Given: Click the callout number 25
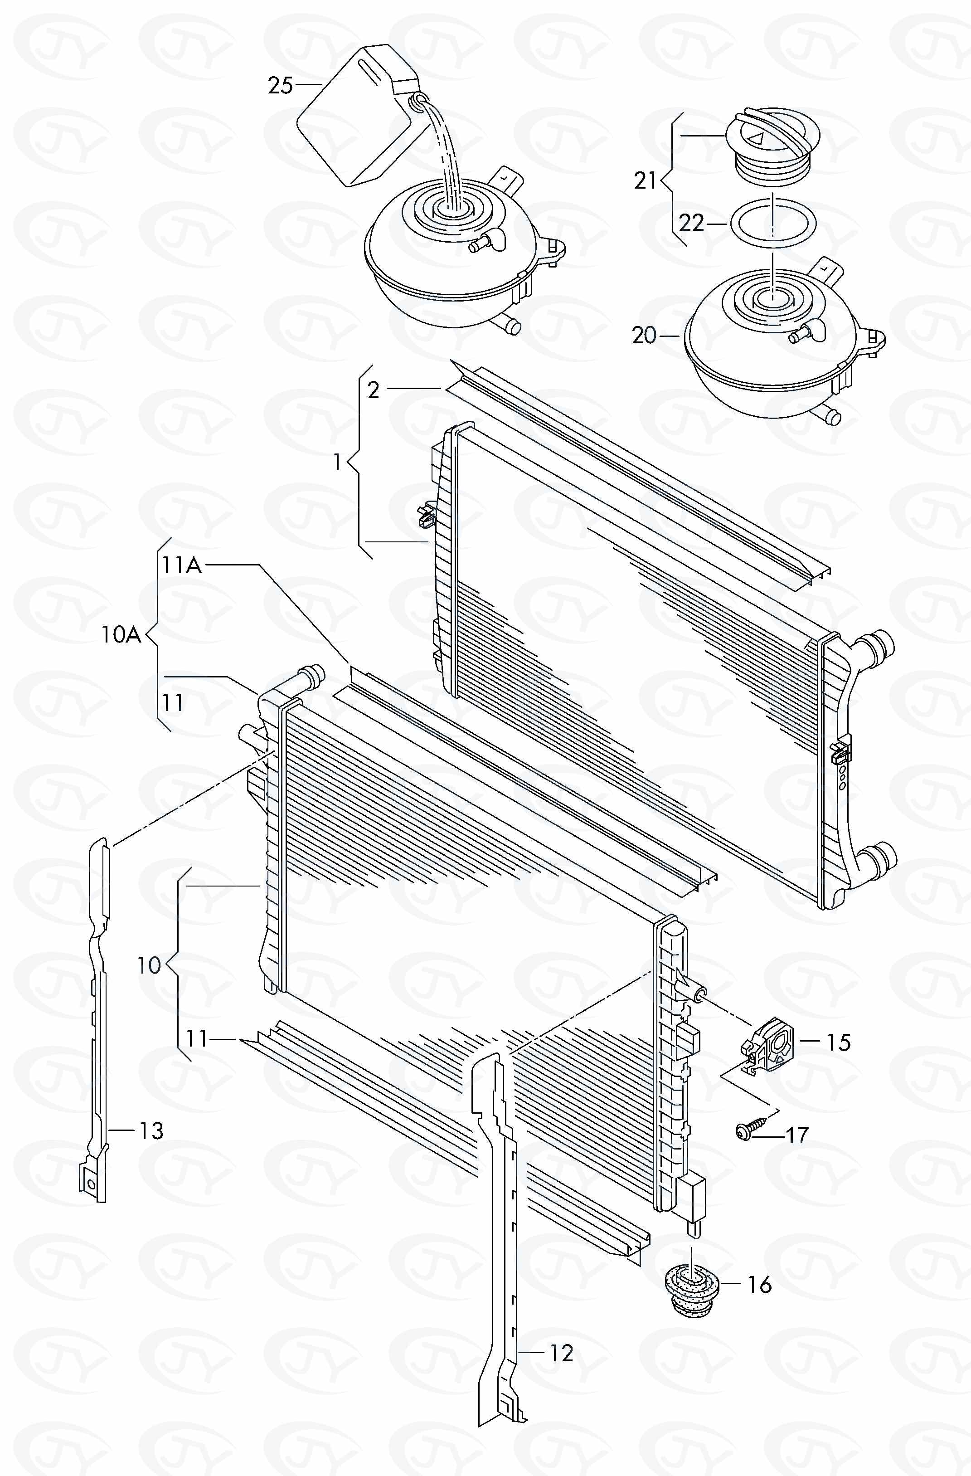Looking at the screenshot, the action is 280,85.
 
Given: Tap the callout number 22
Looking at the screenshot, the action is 691,223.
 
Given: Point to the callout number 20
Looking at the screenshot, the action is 644,336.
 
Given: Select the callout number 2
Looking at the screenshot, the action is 373,390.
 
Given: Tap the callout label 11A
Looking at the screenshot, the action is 182,565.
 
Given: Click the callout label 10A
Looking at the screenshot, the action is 121,635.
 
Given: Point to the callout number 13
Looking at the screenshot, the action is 150,1130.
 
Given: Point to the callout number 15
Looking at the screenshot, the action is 838,1042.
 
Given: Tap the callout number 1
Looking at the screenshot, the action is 337,462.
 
